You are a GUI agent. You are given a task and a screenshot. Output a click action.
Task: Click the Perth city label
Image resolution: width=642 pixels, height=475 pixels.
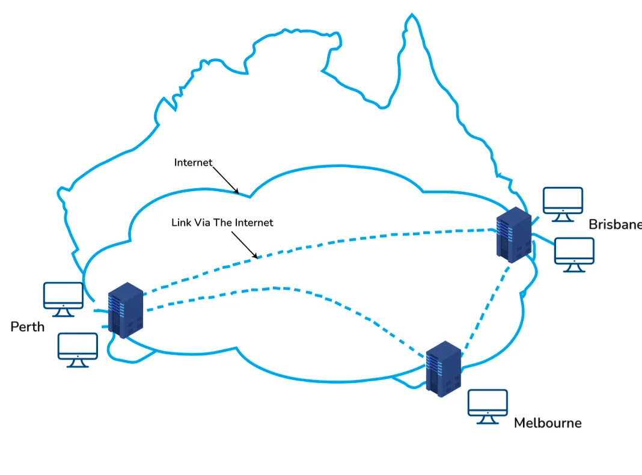coord(28,327)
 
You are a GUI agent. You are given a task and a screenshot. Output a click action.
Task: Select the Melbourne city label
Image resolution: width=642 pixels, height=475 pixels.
coord(548,423)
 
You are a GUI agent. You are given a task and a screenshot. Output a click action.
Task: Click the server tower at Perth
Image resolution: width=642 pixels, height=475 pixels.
coord(125,310)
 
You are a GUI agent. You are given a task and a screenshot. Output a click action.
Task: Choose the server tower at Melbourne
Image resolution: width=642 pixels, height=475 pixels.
coord(443,367)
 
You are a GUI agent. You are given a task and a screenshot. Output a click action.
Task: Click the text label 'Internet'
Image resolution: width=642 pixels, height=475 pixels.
coord(193,163)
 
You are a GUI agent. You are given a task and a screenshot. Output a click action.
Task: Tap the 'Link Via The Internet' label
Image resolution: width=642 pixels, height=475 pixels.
coord(222,223)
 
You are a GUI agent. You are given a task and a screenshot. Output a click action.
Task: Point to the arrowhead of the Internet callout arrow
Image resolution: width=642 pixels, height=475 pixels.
coord(238,192)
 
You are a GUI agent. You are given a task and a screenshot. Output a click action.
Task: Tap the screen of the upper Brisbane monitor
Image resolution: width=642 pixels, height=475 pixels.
coord(563,199)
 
